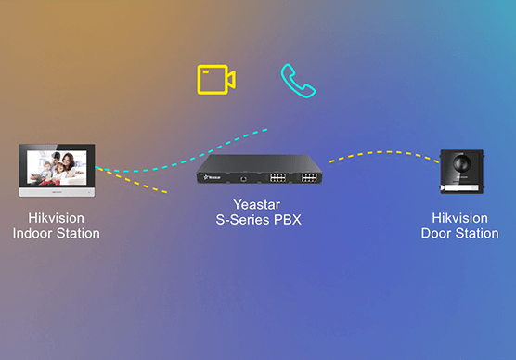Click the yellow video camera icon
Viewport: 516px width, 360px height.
[x=215, y=80]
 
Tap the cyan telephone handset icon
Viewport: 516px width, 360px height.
[x=298, y=81]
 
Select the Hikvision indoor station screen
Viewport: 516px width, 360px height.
[x=56, y=166]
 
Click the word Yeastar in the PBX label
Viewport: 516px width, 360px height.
[x=255, y=206]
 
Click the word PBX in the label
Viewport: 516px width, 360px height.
[x=289, y=221]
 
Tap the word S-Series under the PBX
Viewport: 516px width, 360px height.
[x=239, y=221]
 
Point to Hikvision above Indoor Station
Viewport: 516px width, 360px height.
[x=56, y=218]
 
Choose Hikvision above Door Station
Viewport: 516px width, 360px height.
[x=460, y=218]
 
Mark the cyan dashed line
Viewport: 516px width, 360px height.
[x=186, y=152]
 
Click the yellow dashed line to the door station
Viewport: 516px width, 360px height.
[x=381, y=153]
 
